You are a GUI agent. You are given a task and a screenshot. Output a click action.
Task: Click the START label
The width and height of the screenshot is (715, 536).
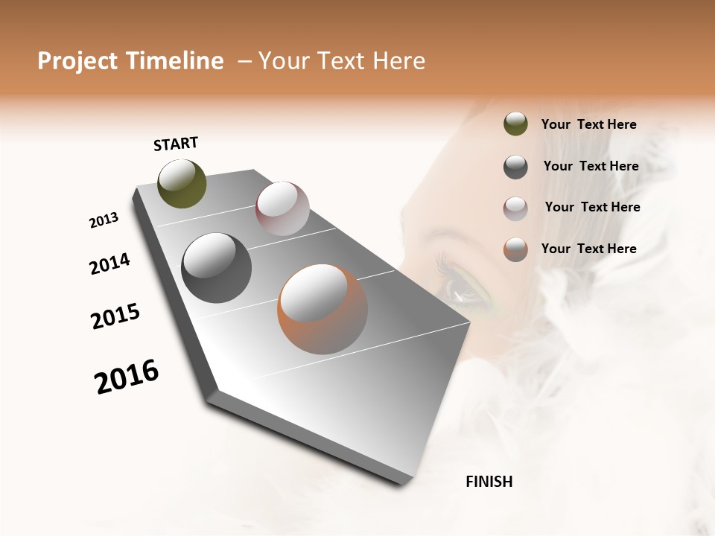pyautogui.click(x=176, y=144)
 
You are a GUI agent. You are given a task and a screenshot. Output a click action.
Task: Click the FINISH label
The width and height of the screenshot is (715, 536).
pyautogui.click(x=489, y=482)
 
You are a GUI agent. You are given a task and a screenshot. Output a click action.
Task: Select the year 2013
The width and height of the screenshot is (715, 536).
pyautogui.click(x=104, y=220)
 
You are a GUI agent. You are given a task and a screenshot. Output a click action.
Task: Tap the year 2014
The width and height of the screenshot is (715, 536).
pyautogui.click(x=109, y=264)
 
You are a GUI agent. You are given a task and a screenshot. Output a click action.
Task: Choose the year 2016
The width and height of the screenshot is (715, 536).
pyautogui.click(x=127, y=377)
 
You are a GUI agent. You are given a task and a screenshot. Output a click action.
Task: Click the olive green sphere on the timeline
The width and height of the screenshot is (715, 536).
pyautogui.click(x=182, y=183)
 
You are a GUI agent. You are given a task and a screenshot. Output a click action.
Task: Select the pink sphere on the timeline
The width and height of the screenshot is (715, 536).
pyautogui.click(x=282, y=208)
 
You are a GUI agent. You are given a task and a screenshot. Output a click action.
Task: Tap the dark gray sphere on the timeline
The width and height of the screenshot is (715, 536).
pyautogui.click(x=216, y=268)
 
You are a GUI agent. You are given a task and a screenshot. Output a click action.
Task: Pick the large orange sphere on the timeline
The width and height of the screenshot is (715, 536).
pyautogui.click(x=322, y=309)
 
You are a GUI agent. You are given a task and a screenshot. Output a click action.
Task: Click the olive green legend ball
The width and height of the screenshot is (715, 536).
pyautogui.click(x=515, y=124)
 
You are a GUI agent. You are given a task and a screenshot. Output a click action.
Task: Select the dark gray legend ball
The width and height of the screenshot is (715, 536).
pyautogui.click(x=515, y=167)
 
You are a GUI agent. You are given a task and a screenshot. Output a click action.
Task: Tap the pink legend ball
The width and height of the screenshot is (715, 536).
pyautogui.click(x=515, y=208)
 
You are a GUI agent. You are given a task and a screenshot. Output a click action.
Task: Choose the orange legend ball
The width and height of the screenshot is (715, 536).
pyautogui.click(x=515, y=249)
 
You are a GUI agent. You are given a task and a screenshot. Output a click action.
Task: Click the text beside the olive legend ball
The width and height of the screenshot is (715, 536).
pyautogui.click(x=589, y=124)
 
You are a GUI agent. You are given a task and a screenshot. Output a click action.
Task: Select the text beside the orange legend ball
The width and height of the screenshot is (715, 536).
pyautogui.click(x=589, y=249)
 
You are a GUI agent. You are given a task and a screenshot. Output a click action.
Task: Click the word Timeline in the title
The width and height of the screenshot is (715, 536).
pyautogui.click(x=175, y=61)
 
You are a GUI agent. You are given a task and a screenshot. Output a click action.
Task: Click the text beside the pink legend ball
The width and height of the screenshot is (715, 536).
pyautogui.click(x=592, y=207)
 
